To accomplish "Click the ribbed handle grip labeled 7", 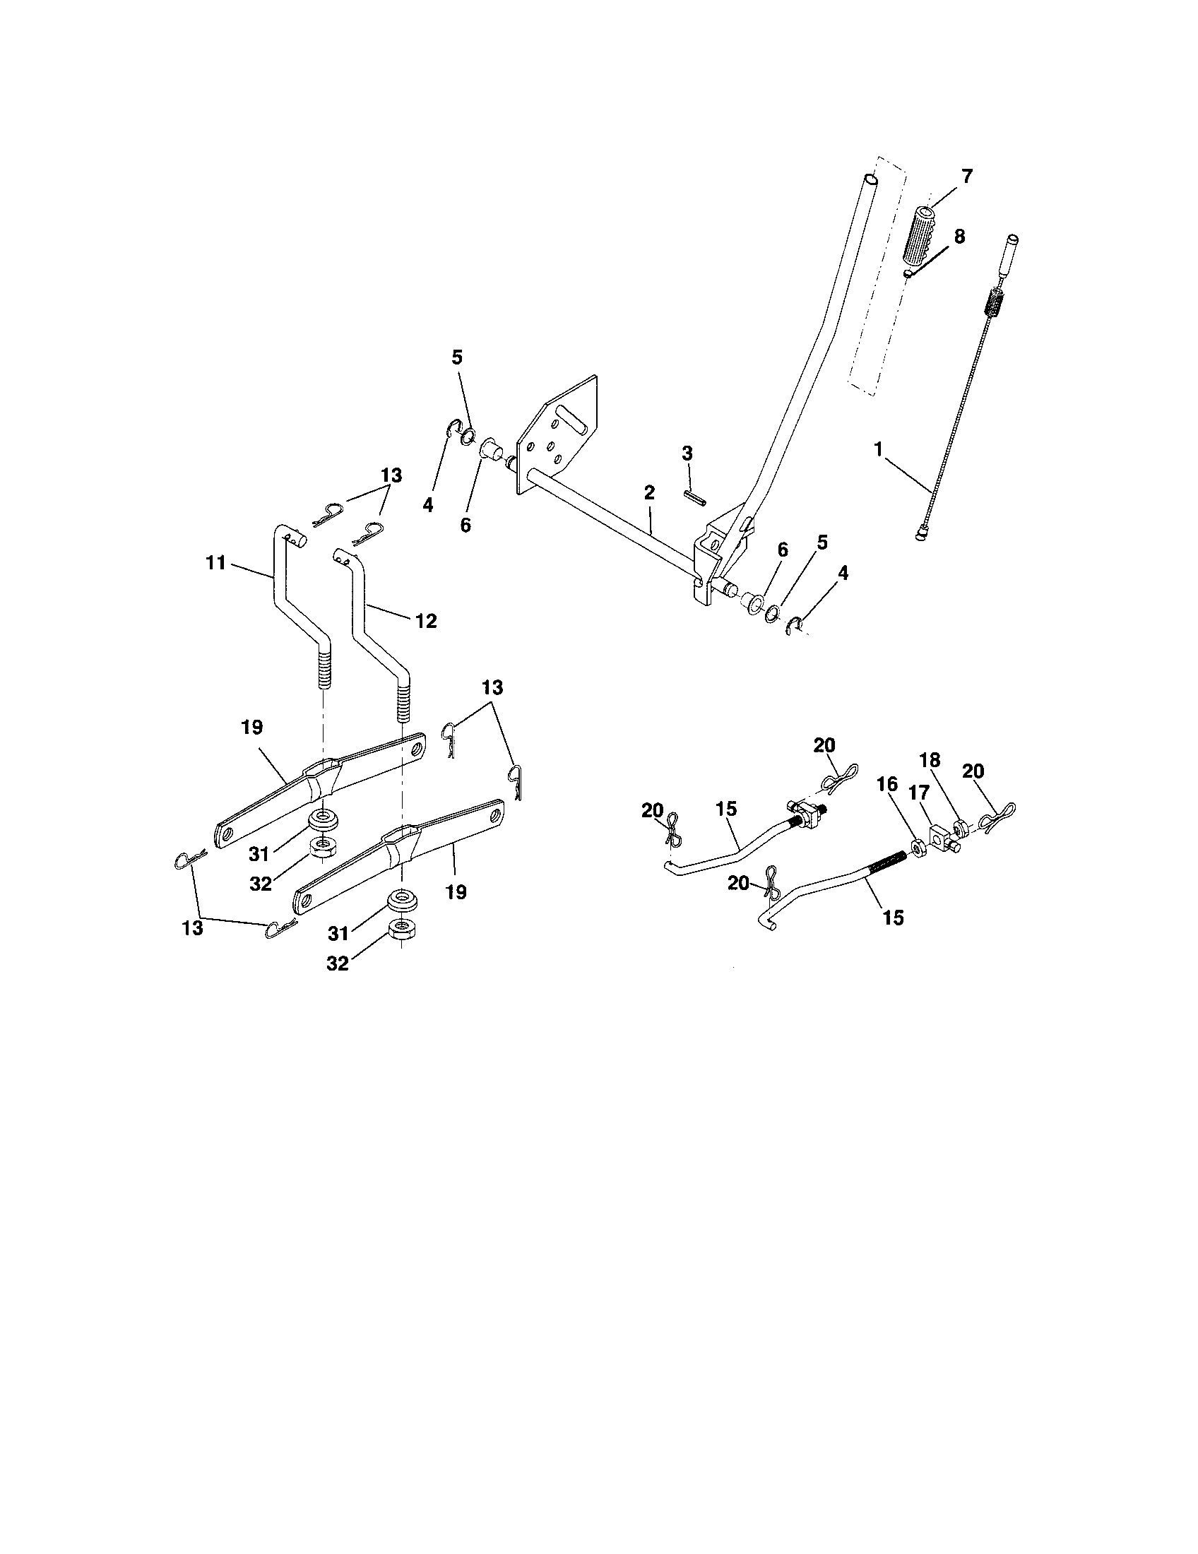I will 923,235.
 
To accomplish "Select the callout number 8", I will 959,237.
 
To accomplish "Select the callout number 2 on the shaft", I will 648,492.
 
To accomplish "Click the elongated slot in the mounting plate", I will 574,419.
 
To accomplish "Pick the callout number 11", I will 215,563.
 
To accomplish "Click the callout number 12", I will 425,621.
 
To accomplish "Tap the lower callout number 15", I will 893,918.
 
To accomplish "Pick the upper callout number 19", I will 252,727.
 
